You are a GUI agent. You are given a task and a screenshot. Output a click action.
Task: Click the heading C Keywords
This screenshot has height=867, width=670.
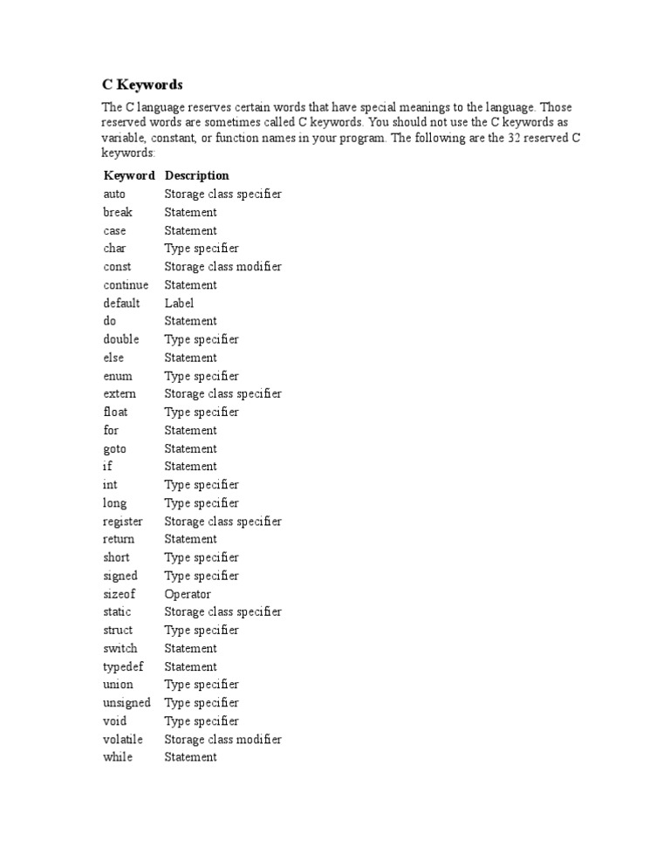(142, 85)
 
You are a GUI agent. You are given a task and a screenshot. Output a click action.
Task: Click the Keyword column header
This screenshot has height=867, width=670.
(129, 175)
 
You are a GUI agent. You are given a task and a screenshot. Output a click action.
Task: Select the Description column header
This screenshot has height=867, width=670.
(196, 175)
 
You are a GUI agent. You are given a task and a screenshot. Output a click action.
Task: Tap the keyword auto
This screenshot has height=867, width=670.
(114, 194)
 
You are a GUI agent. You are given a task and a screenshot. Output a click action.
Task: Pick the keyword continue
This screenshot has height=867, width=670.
(126, 284)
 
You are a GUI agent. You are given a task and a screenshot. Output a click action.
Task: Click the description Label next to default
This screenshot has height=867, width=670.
(179, 303)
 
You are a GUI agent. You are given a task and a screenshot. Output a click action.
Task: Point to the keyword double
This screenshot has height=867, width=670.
(120, 339)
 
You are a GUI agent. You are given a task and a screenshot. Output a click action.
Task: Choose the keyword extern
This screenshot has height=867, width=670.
(120, 393)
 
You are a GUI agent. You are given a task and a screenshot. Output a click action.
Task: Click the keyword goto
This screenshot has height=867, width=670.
(114, 448)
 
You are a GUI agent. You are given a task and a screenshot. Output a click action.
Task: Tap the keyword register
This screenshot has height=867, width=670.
(122, 521)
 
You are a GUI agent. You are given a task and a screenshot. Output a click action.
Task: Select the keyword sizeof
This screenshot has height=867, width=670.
(119, 594)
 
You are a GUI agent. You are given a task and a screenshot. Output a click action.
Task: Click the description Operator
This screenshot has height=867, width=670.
(188, 594)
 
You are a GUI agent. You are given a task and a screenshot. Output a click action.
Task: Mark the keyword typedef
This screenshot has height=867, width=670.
(122, 666)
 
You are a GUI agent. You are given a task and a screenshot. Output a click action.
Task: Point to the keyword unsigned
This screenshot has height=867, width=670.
(126, 702)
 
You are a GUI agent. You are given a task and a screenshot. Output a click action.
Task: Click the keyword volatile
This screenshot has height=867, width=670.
(123, 739)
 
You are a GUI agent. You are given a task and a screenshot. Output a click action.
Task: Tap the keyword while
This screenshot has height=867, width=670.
(118, 757)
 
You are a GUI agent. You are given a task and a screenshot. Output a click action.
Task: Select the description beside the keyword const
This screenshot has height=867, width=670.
(222, 266)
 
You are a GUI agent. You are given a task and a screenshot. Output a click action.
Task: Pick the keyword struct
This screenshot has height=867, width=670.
(118, 630)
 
